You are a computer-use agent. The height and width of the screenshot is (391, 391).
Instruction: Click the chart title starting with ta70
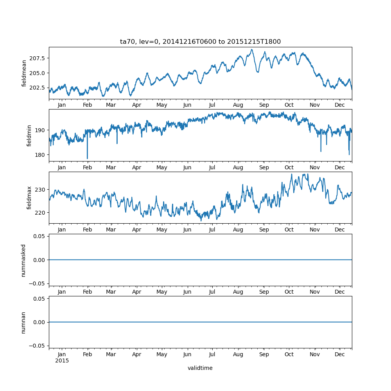[200, 42]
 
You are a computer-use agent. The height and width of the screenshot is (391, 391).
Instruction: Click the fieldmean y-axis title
[24, 73]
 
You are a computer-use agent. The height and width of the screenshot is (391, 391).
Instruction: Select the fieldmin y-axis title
[29, 135]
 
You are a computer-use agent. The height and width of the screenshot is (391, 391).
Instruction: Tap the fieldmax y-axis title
[29, 198]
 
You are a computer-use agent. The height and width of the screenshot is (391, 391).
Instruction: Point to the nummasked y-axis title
[23, 260]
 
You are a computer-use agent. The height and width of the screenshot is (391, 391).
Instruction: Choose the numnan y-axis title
[23, 322]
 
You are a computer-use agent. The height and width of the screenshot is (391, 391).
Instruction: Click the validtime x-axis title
[200, 368]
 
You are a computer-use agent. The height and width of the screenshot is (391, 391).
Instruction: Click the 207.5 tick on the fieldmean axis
[38, 58]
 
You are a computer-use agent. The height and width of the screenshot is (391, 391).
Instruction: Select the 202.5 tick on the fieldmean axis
[38, 87]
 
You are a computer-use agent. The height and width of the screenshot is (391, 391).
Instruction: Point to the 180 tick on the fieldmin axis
[41, 155]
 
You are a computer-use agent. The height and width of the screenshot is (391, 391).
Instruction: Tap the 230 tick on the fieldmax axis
[41, 189]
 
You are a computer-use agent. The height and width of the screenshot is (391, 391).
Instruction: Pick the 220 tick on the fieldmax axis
[41, 212]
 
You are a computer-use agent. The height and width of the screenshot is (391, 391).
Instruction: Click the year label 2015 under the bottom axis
[62, 361]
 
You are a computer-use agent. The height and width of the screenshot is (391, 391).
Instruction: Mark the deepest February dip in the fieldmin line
[87, 158]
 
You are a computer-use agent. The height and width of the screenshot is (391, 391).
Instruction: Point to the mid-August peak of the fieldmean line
[252, 50]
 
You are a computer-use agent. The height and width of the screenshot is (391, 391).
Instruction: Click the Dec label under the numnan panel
[340, 354]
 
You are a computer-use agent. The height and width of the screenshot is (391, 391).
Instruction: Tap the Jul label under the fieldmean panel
[212, 105]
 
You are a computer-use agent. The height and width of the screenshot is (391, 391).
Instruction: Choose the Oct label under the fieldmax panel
[289, 230]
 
